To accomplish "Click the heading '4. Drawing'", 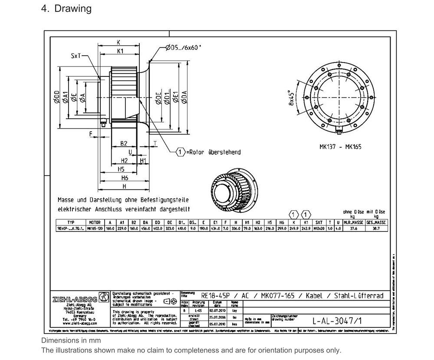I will [66, 9].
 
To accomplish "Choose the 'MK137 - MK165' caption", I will [340, 146].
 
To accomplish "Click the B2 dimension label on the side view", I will [124, 144].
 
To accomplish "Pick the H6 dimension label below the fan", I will [125, 178].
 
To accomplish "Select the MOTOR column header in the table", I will [95, 222].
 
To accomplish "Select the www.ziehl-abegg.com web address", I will [79, 324].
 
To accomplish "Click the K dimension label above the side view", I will [118, 43].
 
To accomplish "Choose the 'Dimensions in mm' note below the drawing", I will [71, 341].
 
